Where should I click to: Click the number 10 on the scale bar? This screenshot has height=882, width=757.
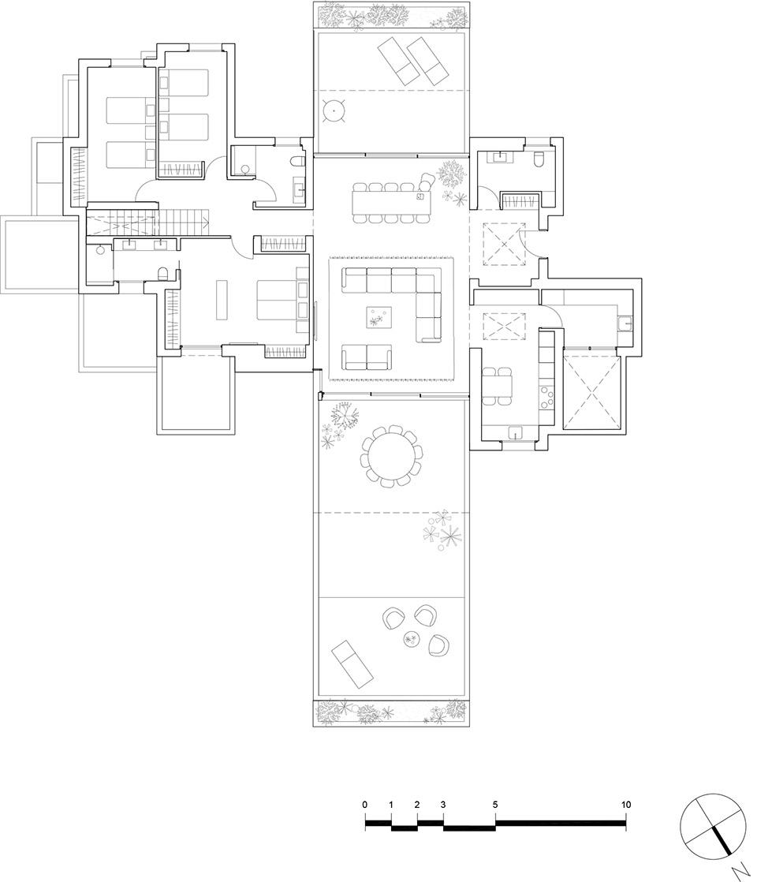pos(626,805)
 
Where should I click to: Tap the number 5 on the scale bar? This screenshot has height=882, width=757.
pos(495,805)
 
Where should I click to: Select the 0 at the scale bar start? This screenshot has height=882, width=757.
pos(365,805)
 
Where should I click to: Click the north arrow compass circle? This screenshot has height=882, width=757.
pos(713,826)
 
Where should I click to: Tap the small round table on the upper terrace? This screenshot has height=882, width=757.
pos(334,110)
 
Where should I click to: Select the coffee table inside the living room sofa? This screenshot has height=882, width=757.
pos(379,316)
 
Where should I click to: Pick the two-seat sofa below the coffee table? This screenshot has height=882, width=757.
pos(367,357)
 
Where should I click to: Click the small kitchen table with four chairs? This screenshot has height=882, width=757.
pos(497,386)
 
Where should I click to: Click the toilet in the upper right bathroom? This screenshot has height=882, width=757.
pos(539,159)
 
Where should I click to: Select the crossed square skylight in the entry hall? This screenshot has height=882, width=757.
pos(504,244)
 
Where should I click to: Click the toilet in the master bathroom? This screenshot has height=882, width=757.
pos(163,274)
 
